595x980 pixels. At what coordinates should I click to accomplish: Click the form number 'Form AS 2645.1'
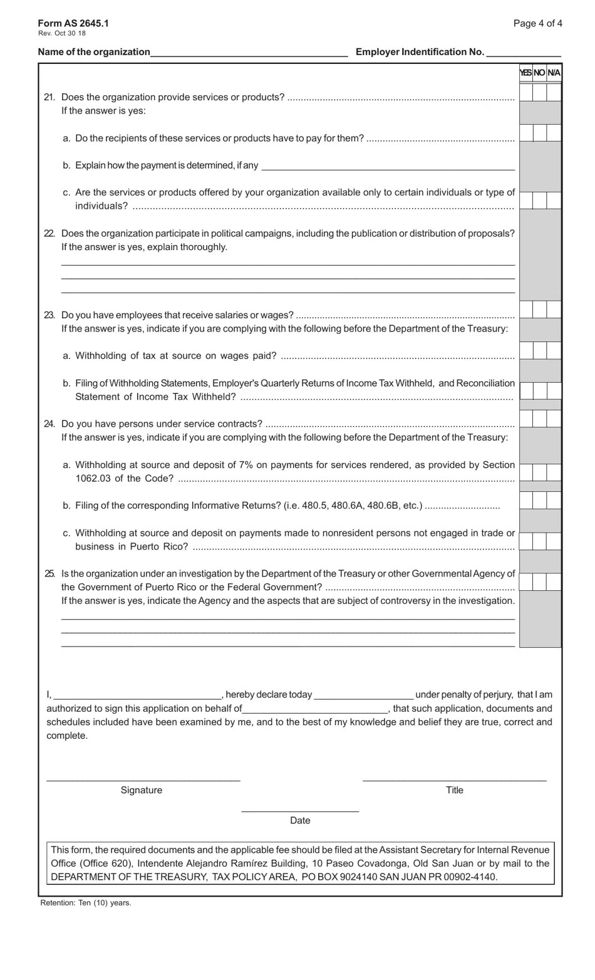(x=73, y=23)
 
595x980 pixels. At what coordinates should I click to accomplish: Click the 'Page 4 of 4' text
(x=537, y=24)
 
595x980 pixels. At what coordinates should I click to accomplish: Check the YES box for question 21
(x=526, y=93)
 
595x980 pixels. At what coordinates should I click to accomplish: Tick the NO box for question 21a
(x=540, y=133)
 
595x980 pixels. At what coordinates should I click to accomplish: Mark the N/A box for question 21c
(x=554, y=201)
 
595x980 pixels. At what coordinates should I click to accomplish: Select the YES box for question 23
(x=526, y=310)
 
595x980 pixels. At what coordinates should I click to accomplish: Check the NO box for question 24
(x=540, y=419)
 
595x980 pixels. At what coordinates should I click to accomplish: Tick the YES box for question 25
(x=526, y=582)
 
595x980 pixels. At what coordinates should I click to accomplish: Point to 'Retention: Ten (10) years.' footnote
(x=86, y=903)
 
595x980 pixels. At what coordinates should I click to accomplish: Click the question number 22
(x=49, y=234)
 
